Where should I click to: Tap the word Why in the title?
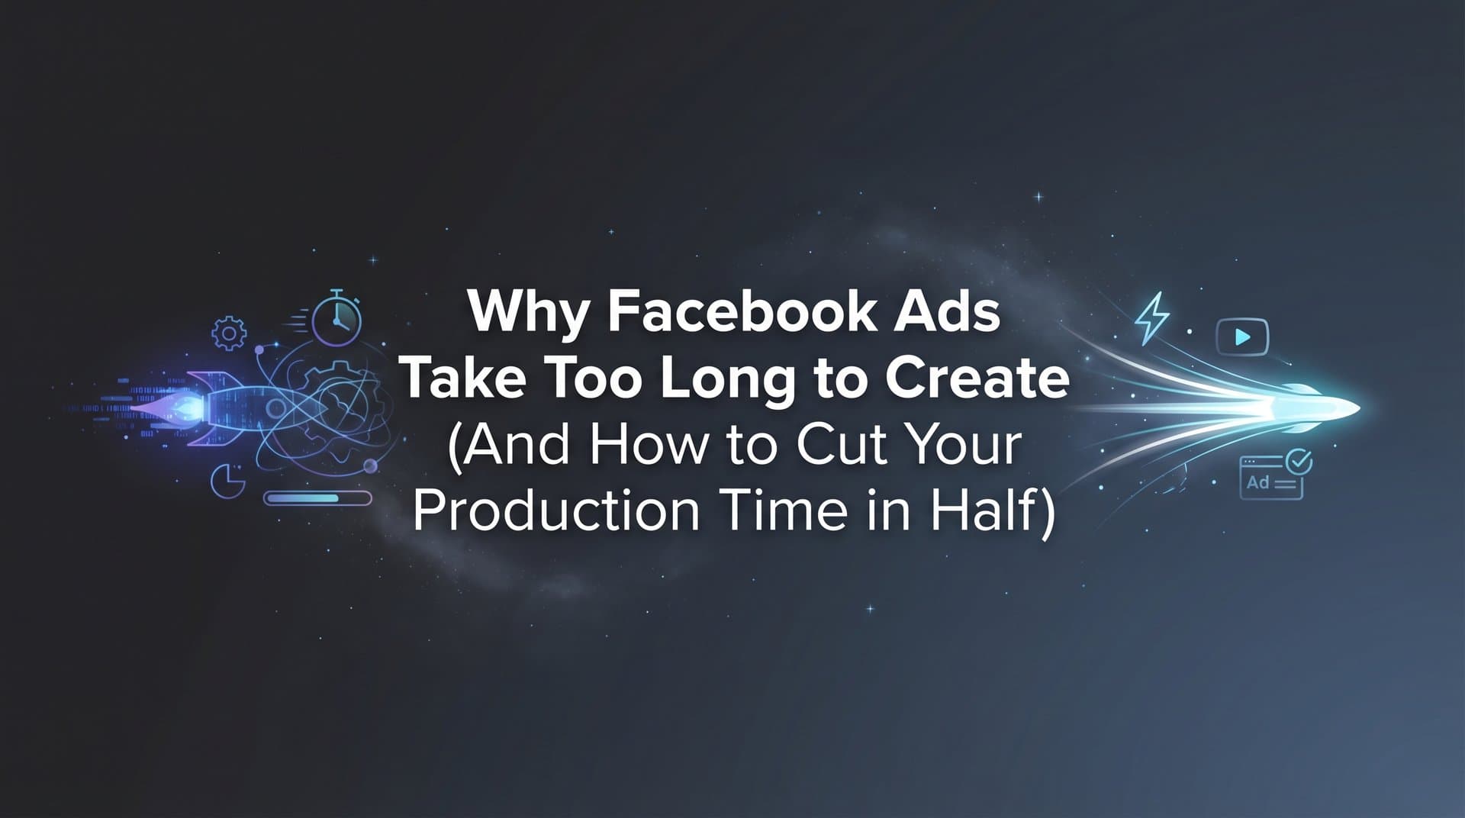526,313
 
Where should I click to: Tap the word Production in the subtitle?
555,510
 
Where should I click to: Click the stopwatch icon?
336,320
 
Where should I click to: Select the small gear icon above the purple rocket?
229,333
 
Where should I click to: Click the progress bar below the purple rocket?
317,498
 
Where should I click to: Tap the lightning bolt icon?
1152,317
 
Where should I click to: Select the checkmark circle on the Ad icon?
1299,461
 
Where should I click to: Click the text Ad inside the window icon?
1257,482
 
